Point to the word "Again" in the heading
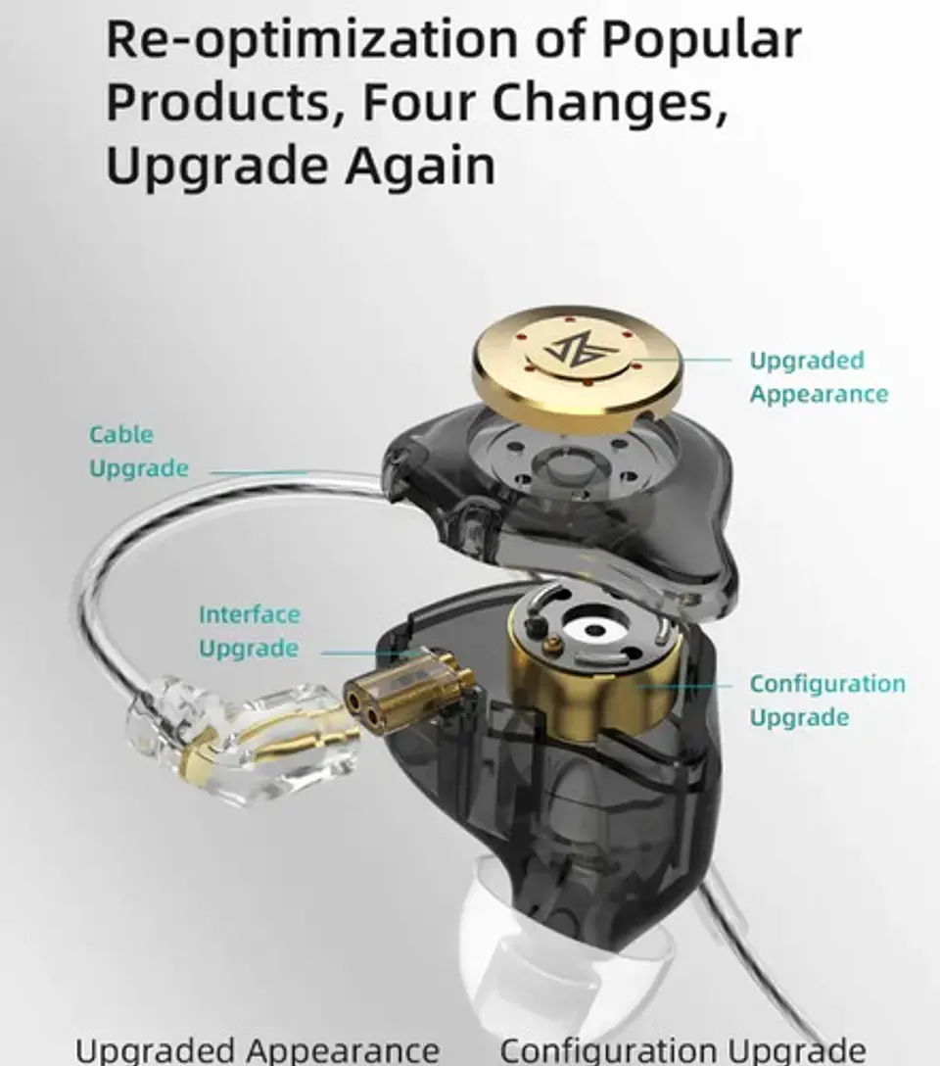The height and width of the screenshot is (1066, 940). pos(420,167)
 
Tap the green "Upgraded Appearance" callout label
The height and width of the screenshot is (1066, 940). pos(819,376)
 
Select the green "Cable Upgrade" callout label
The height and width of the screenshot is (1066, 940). pos(139,451)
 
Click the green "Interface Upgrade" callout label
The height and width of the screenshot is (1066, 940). pos(249,631)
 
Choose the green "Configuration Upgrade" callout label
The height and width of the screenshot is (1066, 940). pos(827,700)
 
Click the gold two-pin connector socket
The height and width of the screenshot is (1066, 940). pos(407,687)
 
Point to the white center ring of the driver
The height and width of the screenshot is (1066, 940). pos(593,629)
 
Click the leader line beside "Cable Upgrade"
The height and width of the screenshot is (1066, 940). pos(258,472)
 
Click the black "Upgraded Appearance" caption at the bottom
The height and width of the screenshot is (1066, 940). pos(257,1049)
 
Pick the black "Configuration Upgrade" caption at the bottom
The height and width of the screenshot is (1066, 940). pos(683,1049)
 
